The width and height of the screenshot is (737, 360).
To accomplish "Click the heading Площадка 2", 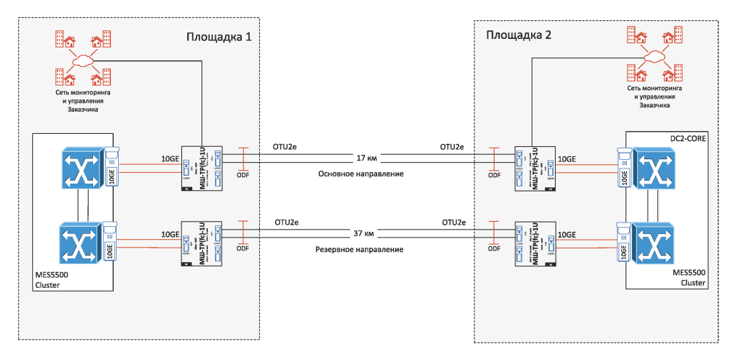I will tap(519, 35).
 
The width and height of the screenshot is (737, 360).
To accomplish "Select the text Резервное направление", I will tap(360, 249).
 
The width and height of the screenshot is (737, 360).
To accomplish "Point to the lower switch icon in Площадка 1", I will tap(79, 243).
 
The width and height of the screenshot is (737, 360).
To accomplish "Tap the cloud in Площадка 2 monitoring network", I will tap(654, 55).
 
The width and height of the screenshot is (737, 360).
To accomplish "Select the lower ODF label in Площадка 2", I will tap(494, 249).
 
